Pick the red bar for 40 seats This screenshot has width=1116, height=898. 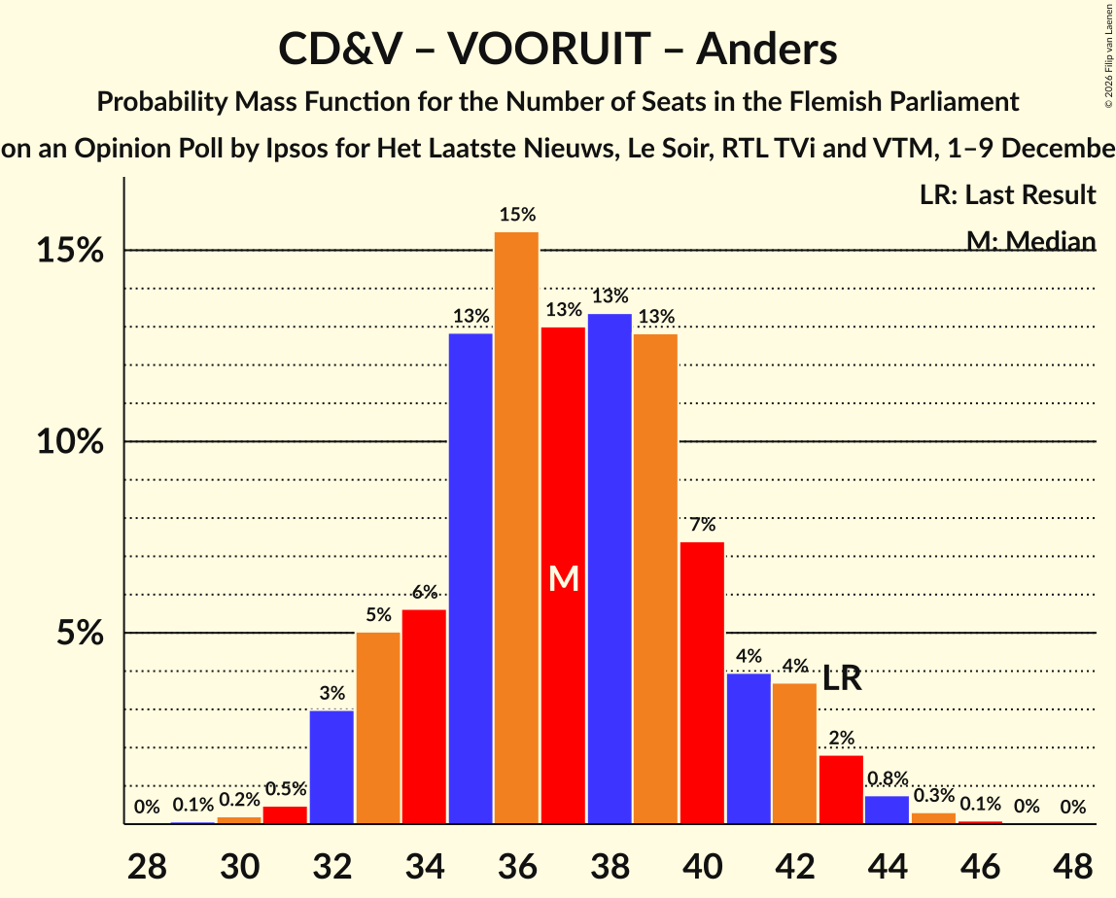point(702,682)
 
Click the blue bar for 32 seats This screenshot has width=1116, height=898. point(331,767)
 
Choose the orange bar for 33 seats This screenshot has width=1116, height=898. point(378,728)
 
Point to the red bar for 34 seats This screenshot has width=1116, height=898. point(424,716)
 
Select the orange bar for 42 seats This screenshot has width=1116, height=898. point(794,753)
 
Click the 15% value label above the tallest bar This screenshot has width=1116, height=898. point(517,215)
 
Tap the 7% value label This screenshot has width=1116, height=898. point(702,525)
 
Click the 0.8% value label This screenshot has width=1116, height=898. point(887,778)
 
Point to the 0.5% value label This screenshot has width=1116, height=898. point(285,789)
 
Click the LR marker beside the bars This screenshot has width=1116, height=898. point(842,678)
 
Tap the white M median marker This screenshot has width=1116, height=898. point(564,579)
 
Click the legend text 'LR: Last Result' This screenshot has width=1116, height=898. point(1007,195)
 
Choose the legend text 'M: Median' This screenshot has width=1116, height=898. point(1030,241)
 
